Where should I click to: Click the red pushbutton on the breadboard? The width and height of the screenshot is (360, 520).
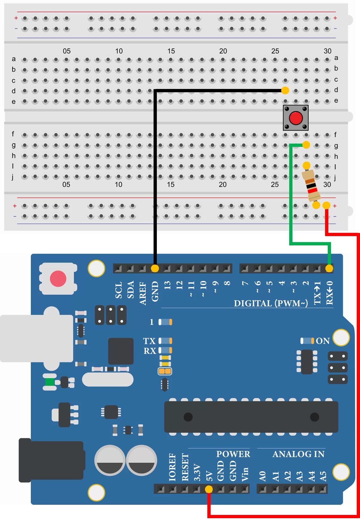(x=296, y=118)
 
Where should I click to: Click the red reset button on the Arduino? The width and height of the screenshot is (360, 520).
(x=58, y=279)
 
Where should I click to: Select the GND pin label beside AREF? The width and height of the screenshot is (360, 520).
(x=155, y=291)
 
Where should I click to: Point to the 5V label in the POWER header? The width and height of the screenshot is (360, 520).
(x=209, y=476)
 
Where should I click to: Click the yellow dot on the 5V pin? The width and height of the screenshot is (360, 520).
(x=209, y=489)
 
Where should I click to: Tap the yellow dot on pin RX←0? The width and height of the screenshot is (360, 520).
(x=329, y=268)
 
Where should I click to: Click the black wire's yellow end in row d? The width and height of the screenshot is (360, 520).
(x=285, y=90)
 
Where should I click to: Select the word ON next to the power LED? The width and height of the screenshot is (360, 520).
(x=323, y=341)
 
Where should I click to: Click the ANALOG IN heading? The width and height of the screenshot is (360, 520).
(x=298, y=454)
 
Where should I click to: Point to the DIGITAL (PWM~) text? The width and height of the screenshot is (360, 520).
(x=271, y=303)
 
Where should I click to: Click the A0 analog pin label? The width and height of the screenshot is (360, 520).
(x=262, y=476)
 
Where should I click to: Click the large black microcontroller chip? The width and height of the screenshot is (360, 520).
(x=251, y=417)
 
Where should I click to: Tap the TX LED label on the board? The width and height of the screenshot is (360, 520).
(x=149, y=341)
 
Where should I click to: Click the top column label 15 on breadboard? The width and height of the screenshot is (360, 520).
(x=171, y=51)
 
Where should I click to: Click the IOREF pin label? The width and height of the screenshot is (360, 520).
(x=172, y=467)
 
